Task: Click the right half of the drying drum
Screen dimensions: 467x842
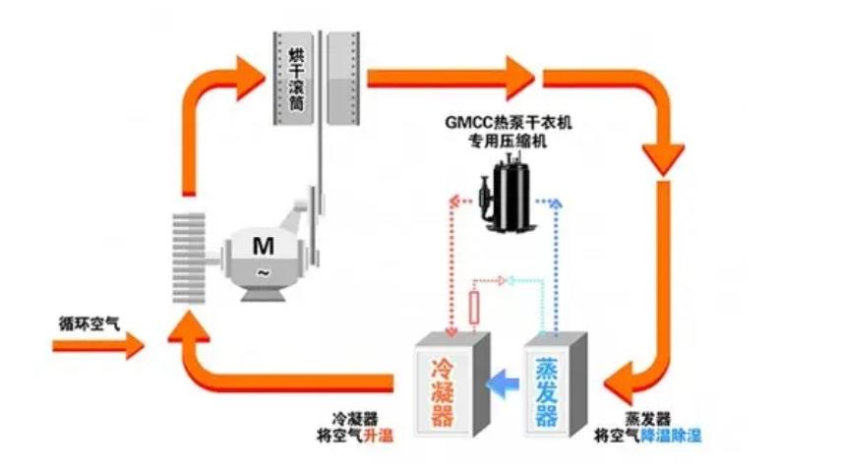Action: tap(344, 73)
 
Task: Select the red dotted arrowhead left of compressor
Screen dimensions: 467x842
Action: tap(455, 201)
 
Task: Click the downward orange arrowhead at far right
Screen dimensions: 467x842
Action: tap(663, 156)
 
